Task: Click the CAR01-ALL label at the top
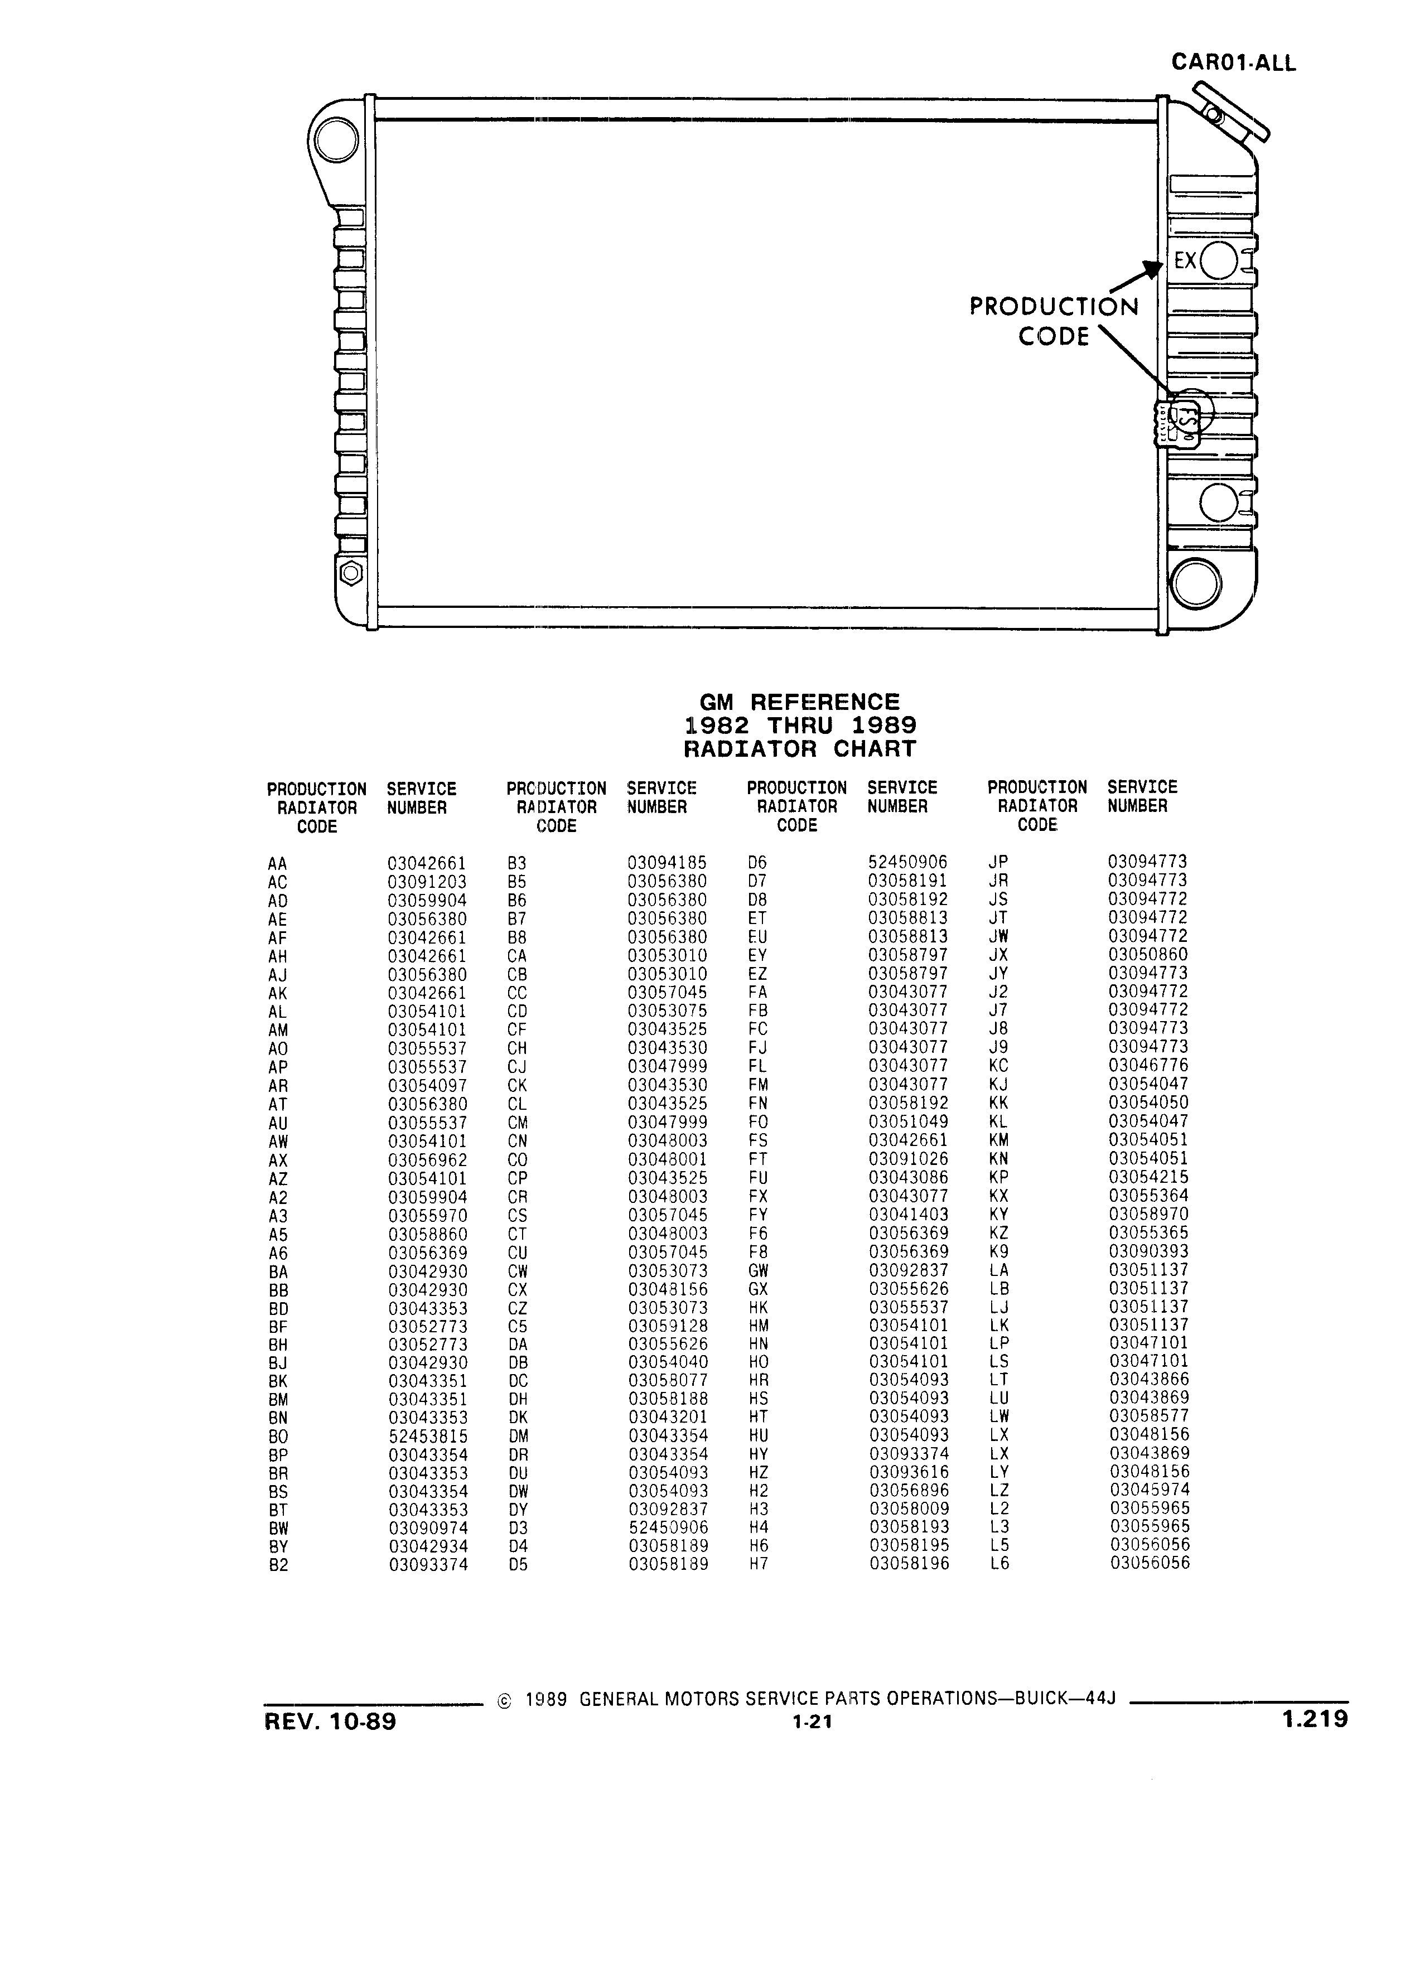pos(1233,62)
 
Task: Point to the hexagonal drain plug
pos(351,573)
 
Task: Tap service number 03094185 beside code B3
pos(667,863)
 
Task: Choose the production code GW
pos(758,1270)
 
